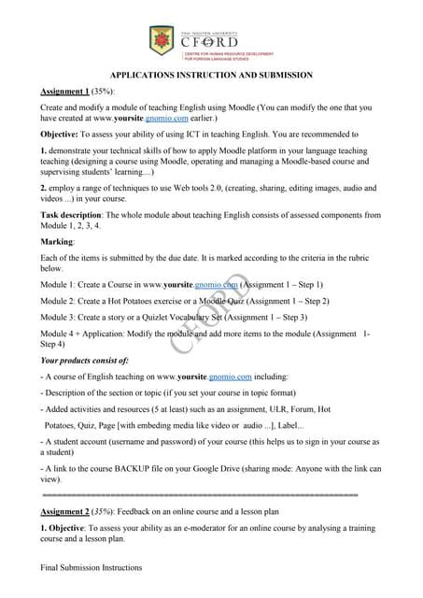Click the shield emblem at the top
tap(161, 40)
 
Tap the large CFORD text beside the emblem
tap(208, 41)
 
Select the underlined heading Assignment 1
tap(65, 93)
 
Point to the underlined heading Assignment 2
tap(65, 513)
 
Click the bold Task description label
tap(73, 215)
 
